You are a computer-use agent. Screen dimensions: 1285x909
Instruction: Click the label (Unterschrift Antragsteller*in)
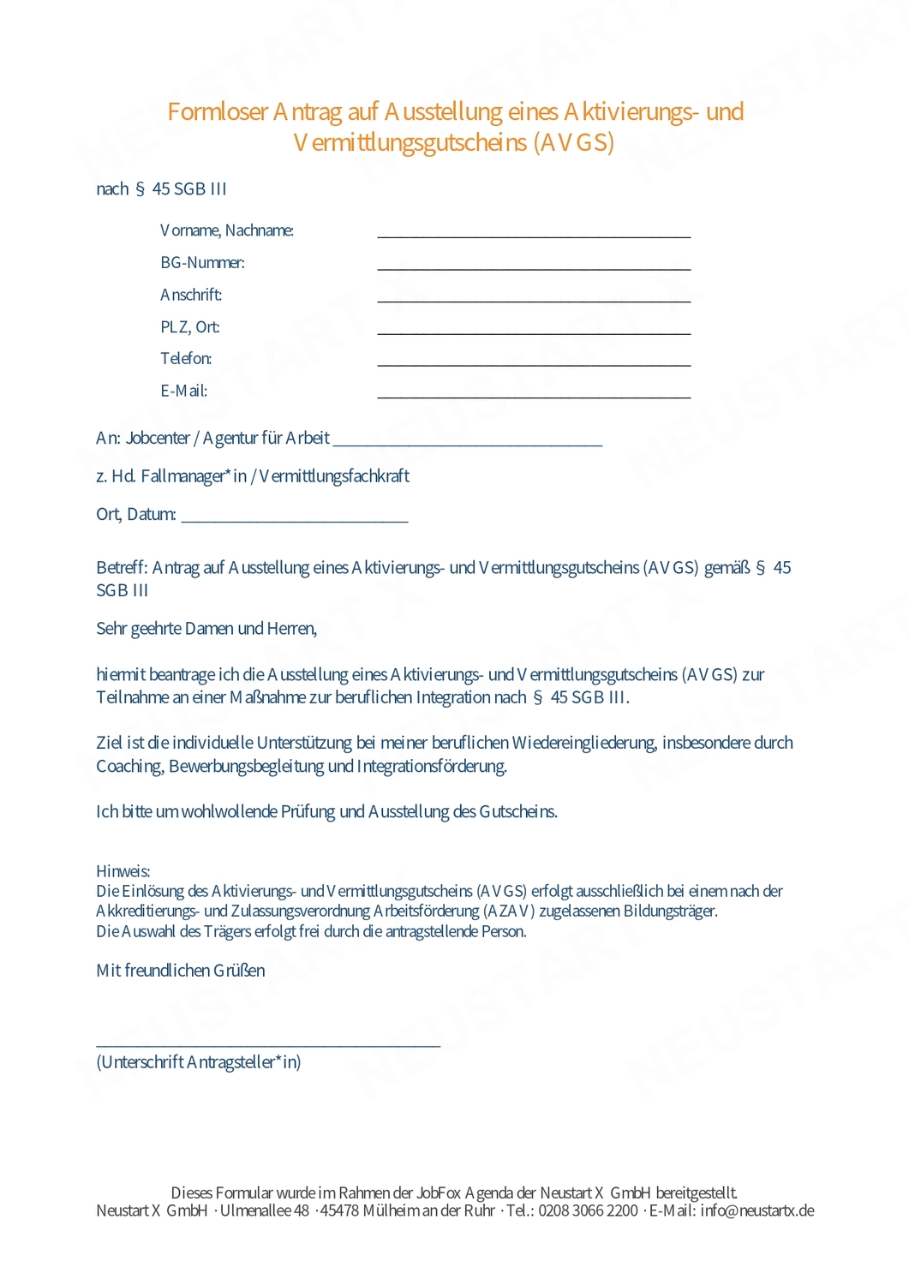199,1062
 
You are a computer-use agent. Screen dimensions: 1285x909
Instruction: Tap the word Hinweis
123,871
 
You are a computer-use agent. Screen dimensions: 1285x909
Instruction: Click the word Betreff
123,568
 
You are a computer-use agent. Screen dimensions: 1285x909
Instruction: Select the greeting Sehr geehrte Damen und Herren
206,629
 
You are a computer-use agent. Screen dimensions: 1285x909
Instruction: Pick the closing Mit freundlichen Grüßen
181,971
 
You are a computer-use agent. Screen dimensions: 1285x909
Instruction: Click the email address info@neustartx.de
757,1210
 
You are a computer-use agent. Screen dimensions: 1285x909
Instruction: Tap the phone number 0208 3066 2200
588,1210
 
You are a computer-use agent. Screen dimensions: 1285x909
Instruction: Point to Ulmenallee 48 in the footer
265,1210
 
